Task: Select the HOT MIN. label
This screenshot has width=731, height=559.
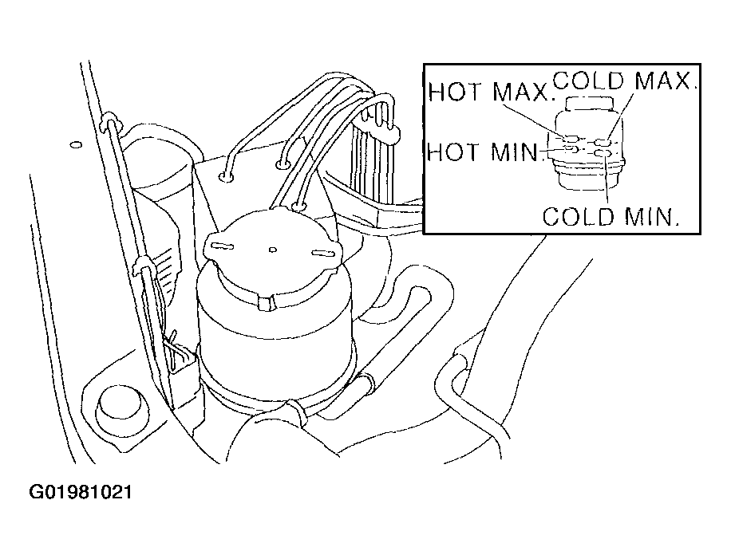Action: pyautogui.click(x=484, y=152)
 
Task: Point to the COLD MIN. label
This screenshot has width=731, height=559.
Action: pyautogui.click(x=610, y=216)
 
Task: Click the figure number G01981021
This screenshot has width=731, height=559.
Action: pyautogui.click(x=81, y=492)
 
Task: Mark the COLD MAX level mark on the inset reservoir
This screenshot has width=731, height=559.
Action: pyautogui.click(x=603, y=142)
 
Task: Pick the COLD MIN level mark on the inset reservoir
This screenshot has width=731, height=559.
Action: pyautogui.click(x=603, y=153)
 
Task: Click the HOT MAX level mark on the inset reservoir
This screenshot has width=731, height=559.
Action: pyautogui.click(x=571, y=138)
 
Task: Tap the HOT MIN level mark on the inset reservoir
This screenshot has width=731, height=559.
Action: pyautogui.click(x=571, y=149)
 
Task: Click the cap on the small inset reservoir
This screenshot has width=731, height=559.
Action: pyautogui.click(x=588, y=104)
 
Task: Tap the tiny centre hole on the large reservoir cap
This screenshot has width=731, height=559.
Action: pyautogui.click(x=273, y=250)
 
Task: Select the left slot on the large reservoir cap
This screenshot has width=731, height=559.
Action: pyautogui.click(x=222, y=245)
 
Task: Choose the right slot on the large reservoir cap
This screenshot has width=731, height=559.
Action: pyautogui.click(x=323, y=254)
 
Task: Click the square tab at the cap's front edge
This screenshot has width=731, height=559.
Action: pyautogui.click(x=266, y=302)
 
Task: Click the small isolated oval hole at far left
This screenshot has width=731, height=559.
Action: pyautogui.click(x=76, y=144)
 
